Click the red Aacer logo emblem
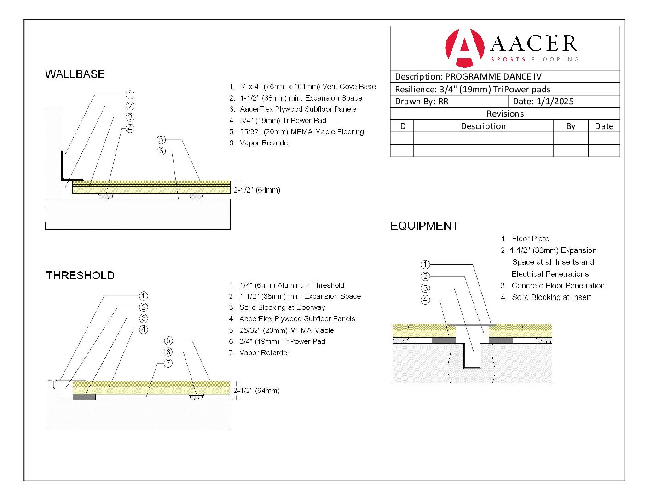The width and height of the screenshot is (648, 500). (x=464, y=47)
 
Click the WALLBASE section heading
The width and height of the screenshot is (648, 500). (x=75, y=74)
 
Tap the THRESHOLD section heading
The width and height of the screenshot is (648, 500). (x=80, y=275)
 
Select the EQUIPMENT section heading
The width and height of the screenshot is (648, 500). (x=424, y=226)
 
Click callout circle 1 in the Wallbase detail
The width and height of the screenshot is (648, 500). (x=130, y=95)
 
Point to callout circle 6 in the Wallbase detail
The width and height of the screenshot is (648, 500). (x=161, y=151)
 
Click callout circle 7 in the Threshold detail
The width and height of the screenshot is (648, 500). (x=168, y=363)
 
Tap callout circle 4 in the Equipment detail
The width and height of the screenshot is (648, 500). (x=425, y=300)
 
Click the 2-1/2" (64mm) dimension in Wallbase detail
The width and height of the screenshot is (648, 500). (x=257, y=190)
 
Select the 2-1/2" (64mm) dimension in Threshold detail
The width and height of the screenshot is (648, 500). (x=256, y=391)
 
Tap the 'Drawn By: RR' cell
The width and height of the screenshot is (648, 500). (x=422, y=102)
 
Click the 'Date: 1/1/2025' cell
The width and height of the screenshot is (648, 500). (x=543, y=102)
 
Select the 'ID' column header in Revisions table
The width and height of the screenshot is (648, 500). (x=402, y=126)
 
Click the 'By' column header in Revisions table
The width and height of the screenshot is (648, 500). (x=571, y=126)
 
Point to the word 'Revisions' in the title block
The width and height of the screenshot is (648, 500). (x=505, y=114)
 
